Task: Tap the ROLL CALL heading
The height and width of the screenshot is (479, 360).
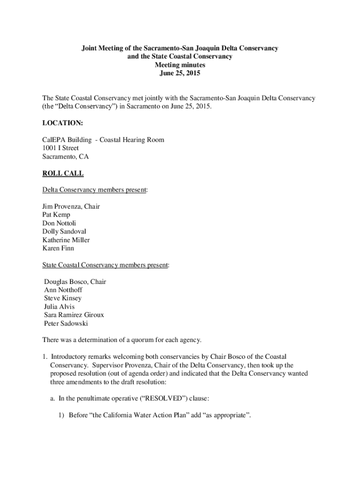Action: pyautogui.click(x=63, y=174)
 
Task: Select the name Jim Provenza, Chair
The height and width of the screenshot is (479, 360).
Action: pyautogui.click(x=71, y=206)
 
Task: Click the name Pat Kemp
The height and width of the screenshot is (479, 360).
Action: pyautogui.click(x=56, y=215)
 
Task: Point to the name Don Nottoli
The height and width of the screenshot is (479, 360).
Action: pyautogui.click(x=59, y=223)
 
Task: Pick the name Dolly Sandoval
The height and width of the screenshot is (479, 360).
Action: pyautogui.click(x=64, y=232)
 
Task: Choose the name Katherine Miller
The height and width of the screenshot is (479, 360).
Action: pyautogui.click(x=66, y=240)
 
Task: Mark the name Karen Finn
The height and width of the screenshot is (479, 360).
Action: pyautogui.click(x=58, y=248)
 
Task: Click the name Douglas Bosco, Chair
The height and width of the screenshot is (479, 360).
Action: pyautogui.click(x=75, y=282)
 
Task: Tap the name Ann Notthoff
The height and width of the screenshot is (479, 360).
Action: pyautogui.click(x=63, y=290)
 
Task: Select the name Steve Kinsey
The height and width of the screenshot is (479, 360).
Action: pyautogui.click(x=62, y=298)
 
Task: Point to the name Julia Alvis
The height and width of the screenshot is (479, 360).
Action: pyautogui.click(x=59, y=307)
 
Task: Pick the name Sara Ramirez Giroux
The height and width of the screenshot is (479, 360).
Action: pyautogui.click(x=74, y=315)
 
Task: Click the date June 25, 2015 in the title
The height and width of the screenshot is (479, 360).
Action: pyautogui.click(x=180, y=73)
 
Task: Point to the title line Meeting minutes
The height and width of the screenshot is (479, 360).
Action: pyautogui.click(x=180, y=65)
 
